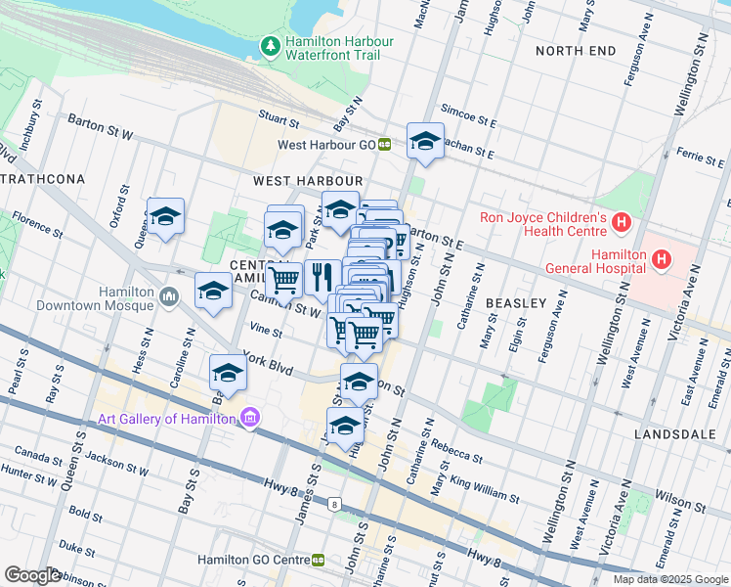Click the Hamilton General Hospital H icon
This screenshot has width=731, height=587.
tap(662, 260)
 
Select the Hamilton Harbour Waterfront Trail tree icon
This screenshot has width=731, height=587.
tap(271, 46)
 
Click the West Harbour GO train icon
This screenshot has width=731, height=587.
tap(385, 144)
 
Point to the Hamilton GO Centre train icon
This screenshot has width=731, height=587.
tap(319, 560)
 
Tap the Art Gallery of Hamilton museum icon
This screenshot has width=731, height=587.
tap(251, 419)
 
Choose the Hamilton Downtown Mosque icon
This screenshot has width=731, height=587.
tap(168, 294)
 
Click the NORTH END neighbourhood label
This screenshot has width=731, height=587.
tap(576, 50)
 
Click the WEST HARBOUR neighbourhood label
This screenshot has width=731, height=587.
tap(308, 181)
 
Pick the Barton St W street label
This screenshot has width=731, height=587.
tap(100, 125)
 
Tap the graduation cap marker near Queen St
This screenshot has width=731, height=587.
tap(166, 217)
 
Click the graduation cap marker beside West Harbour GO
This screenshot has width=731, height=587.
tap(425, 142)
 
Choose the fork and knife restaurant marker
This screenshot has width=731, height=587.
tap(322, 278)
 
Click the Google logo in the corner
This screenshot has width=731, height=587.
tap(32, 575)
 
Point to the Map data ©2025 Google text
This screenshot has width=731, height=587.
tap(669, 578)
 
